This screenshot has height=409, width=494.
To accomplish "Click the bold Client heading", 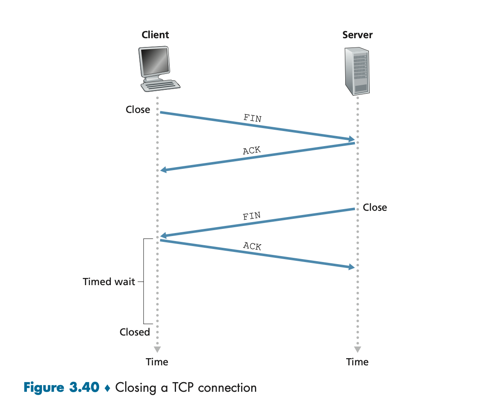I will click(x=155, y=35).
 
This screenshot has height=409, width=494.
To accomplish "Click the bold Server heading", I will click(x=357, y=35).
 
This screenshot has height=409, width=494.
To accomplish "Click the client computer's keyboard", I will click(x=161, y=85).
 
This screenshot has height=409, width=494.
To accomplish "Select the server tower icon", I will click(x=357, y=71).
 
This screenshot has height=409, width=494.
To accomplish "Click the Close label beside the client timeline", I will click(x=138, y=110).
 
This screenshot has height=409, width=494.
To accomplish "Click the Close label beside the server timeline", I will click(x=375, y=207).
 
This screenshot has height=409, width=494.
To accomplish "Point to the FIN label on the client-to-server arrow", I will click(x=252, y=118).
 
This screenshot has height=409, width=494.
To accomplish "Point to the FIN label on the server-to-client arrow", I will click(x=252, y=217).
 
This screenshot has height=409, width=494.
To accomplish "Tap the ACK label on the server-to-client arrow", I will click(x=252, y=150).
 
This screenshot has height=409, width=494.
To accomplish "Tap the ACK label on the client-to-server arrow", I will click(x=252, y=246).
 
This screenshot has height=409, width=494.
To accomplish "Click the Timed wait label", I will click(x=109, y=282).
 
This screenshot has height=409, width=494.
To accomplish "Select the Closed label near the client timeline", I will click(x=135, y=332).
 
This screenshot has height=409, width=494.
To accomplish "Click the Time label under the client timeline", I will click(x=157, y=362).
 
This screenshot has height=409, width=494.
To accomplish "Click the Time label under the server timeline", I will click(x=357, y=362).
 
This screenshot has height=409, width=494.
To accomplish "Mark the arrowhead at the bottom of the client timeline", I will click(x=157, y=349).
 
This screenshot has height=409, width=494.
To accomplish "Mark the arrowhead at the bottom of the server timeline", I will click(x=357, y=349).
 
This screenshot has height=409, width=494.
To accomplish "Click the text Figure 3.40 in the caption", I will click(x=62, y=387).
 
